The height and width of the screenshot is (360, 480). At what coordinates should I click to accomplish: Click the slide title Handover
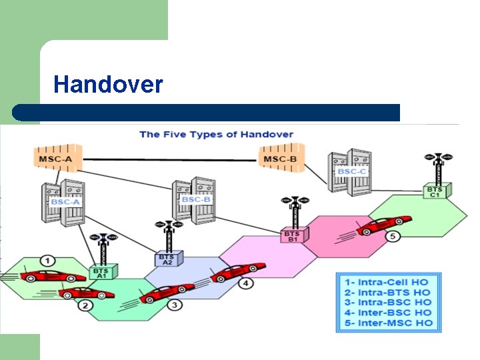pos(108,85)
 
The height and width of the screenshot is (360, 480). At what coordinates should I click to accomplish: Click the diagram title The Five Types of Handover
pos(216,134)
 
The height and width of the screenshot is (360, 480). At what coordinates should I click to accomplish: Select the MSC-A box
pos(56,159)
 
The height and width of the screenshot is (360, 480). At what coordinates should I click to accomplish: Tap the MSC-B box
pos(279,159)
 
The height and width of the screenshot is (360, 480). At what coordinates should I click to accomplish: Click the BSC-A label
pos(65,201)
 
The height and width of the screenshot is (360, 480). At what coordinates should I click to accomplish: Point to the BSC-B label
pos(196,199)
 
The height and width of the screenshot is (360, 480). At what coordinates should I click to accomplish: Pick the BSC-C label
pos(351,171)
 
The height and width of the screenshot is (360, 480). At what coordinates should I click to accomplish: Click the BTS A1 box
pos(102,272)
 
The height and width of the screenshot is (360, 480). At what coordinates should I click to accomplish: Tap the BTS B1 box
pos(292,236)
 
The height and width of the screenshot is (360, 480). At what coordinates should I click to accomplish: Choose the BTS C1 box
pos(435,191)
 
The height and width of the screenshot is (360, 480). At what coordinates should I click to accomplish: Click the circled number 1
pos(47,260)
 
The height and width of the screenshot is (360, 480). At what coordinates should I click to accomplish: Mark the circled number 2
pos(85,306)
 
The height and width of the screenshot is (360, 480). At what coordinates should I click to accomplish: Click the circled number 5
pos(393,236)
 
